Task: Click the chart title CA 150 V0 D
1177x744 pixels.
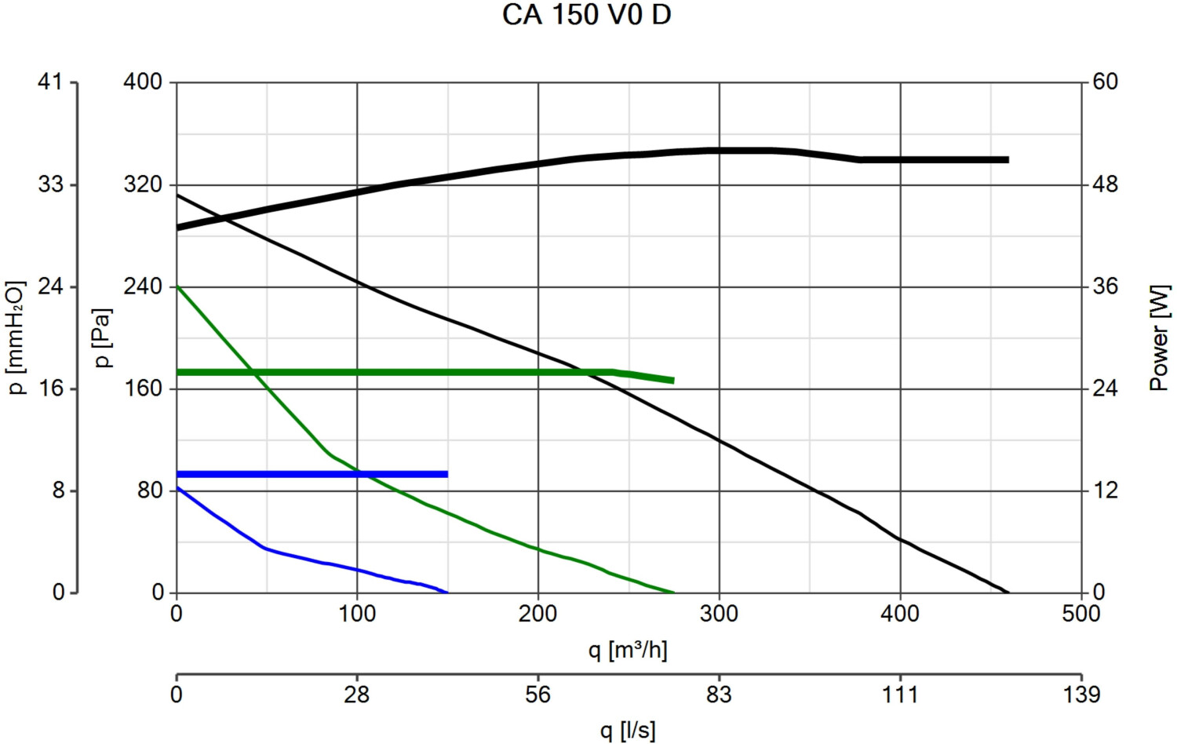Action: pos(586,15)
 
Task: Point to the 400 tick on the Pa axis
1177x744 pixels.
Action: pos(143,82)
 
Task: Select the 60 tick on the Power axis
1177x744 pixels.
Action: pos(1105,82)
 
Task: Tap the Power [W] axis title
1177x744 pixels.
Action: pos(1159,337)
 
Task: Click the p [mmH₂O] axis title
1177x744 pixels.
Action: pos(16,337)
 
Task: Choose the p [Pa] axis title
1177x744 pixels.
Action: pos(102,337)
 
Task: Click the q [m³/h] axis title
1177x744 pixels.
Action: pos(628,650)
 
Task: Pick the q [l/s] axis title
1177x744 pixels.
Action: pos(628,731)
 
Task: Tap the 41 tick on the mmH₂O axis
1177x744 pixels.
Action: pos(50,82)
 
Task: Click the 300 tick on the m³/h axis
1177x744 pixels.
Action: pos(719,614)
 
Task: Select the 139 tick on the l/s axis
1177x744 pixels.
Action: pos(1081,695)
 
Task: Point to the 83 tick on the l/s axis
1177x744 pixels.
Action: pos(719,695)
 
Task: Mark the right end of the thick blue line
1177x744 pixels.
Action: pos(447,474)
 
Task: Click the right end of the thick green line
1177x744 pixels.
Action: pos(673,381)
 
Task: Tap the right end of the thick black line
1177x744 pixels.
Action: pos(1008,159)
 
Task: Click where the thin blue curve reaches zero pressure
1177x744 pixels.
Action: pos(447,593)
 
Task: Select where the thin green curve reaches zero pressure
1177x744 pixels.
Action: pos(674,593)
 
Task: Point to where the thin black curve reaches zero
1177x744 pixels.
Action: pos(1008,593)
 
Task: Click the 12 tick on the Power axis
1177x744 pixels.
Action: pos(1105,491)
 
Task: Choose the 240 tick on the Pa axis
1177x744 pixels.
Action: pos(143,286)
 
